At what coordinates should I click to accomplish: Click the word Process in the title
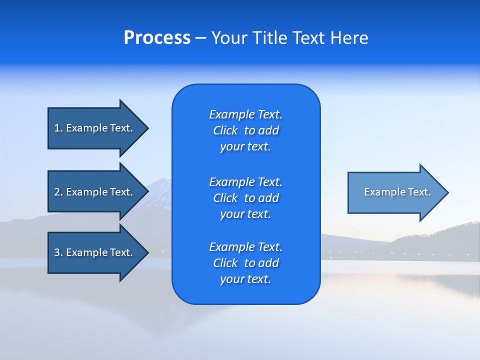point(157,38)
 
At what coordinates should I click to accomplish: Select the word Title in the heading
point(272,38)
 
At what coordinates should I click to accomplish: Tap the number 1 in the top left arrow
point(57,128)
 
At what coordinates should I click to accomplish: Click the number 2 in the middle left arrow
point(57,192)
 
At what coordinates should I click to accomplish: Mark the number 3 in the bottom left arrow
point(57,252)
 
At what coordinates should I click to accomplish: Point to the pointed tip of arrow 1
point(147,128)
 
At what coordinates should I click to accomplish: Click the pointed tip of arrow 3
point(147,252)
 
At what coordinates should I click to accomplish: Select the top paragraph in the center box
point(245,130)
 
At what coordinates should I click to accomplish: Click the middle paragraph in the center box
point(245,198)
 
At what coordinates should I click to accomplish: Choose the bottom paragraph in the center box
point(245,263)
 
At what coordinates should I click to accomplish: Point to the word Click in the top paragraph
point(225,130)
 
